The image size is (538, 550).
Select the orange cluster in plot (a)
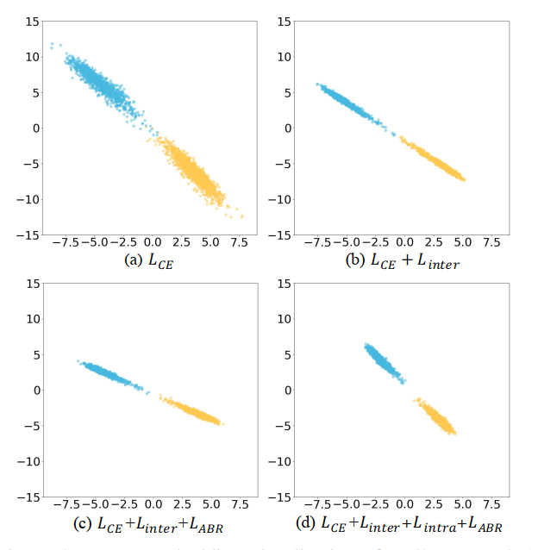(197, 172)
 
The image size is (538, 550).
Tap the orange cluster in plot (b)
(435, 160)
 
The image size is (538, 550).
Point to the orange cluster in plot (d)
(436, 417)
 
